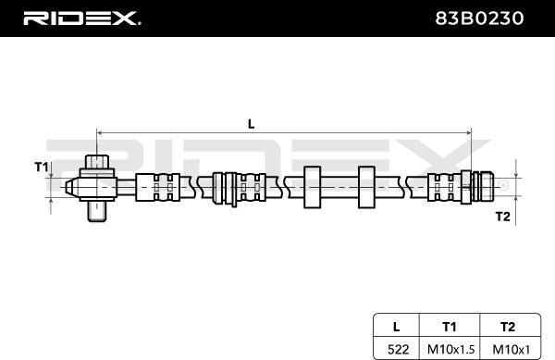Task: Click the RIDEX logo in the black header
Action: pos(81,19)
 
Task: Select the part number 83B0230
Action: pos(479,19)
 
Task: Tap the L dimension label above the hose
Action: pos(251,124)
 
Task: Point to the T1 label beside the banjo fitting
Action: pos(41,167)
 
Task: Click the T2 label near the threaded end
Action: pos(502,216)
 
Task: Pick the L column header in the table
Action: pos(397,327)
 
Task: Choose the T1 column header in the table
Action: pos(450,327)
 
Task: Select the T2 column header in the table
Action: pos(508,327)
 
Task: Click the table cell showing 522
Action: pos(398,350)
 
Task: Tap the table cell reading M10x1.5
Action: pos(450,350)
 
